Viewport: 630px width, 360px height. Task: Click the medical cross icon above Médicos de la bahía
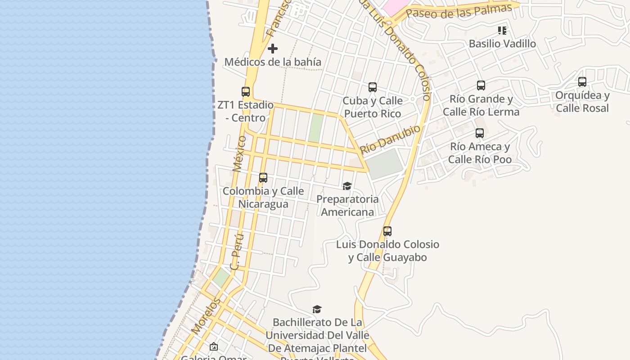click(273, 49)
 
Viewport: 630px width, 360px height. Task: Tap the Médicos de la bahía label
click(273, 62)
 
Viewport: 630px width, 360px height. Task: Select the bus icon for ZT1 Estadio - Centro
click(246, 92)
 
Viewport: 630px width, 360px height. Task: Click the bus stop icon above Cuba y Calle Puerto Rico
click(373, 87)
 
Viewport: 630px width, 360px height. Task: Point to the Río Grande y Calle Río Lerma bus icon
click(481, 85)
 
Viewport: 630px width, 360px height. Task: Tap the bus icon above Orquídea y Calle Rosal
click(582, 82)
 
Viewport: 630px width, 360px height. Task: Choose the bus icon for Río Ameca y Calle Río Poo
click(480, 133)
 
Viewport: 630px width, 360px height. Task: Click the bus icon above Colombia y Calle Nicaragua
click(263, 178)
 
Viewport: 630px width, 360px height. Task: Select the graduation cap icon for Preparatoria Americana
click(347, 186)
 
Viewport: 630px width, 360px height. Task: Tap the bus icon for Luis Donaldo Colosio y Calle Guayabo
click(387, 231)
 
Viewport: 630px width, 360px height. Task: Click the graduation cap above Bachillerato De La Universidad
click(317, 309)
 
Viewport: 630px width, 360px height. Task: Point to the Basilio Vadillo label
click(502, 44)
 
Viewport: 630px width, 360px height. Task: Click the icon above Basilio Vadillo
click(502, 31)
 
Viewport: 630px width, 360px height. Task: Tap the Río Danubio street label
click(390, 139)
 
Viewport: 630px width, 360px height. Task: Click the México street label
click(240, 153)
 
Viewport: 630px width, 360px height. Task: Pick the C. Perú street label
click(237, 252)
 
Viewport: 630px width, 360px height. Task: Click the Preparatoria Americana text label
click(347, 205)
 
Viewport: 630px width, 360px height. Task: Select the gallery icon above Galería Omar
click(214, 346)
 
